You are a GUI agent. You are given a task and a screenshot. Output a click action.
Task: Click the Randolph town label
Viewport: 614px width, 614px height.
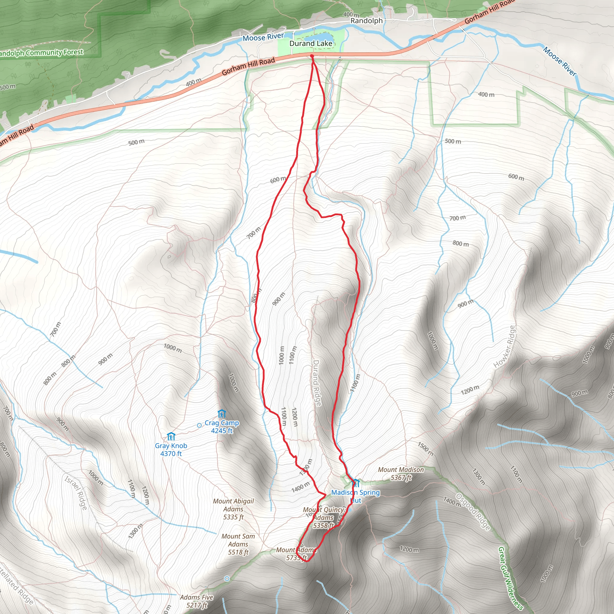tap(366, 21)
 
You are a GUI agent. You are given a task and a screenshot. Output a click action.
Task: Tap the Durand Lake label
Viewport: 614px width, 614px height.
tap(311, 43)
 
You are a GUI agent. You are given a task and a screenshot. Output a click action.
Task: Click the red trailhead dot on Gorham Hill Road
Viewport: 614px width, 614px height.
tap(312, 56)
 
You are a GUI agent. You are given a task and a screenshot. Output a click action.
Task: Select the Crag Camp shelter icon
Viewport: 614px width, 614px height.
tap(222, 414)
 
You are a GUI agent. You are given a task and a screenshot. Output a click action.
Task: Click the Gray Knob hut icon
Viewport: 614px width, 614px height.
tap(171, 436)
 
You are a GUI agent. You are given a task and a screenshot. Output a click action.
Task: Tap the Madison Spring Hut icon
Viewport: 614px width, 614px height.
tap(356, 483)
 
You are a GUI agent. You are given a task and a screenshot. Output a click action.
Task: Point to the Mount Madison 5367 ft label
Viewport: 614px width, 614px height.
tap(401, 473)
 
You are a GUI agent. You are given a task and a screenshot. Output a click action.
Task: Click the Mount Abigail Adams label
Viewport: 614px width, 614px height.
tap(233, 509)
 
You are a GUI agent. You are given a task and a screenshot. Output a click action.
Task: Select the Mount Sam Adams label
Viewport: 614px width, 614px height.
tap(238, 544)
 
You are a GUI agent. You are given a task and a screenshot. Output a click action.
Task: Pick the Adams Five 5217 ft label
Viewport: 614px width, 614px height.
tap(196, 601)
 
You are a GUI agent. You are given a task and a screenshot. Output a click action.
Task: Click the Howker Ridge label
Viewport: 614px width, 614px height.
tap(504, 347)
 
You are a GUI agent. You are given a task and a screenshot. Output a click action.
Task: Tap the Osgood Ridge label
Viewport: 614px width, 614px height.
tap(473, 512)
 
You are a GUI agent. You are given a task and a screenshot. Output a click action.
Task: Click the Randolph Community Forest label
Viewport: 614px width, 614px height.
tap(41, 52)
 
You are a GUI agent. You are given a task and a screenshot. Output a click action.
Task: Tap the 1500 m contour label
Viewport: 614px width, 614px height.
tap(425, 449)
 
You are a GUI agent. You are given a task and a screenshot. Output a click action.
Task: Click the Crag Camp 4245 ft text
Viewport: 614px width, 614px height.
tap(222, 427)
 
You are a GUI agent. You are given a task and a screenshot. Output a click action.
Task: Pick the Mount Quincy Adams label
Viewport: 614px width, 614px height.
tap(323, 518)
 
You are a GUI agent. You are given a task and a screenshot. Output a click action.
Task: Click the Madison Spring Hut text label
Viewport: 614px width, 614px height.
tap(355, 496)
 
